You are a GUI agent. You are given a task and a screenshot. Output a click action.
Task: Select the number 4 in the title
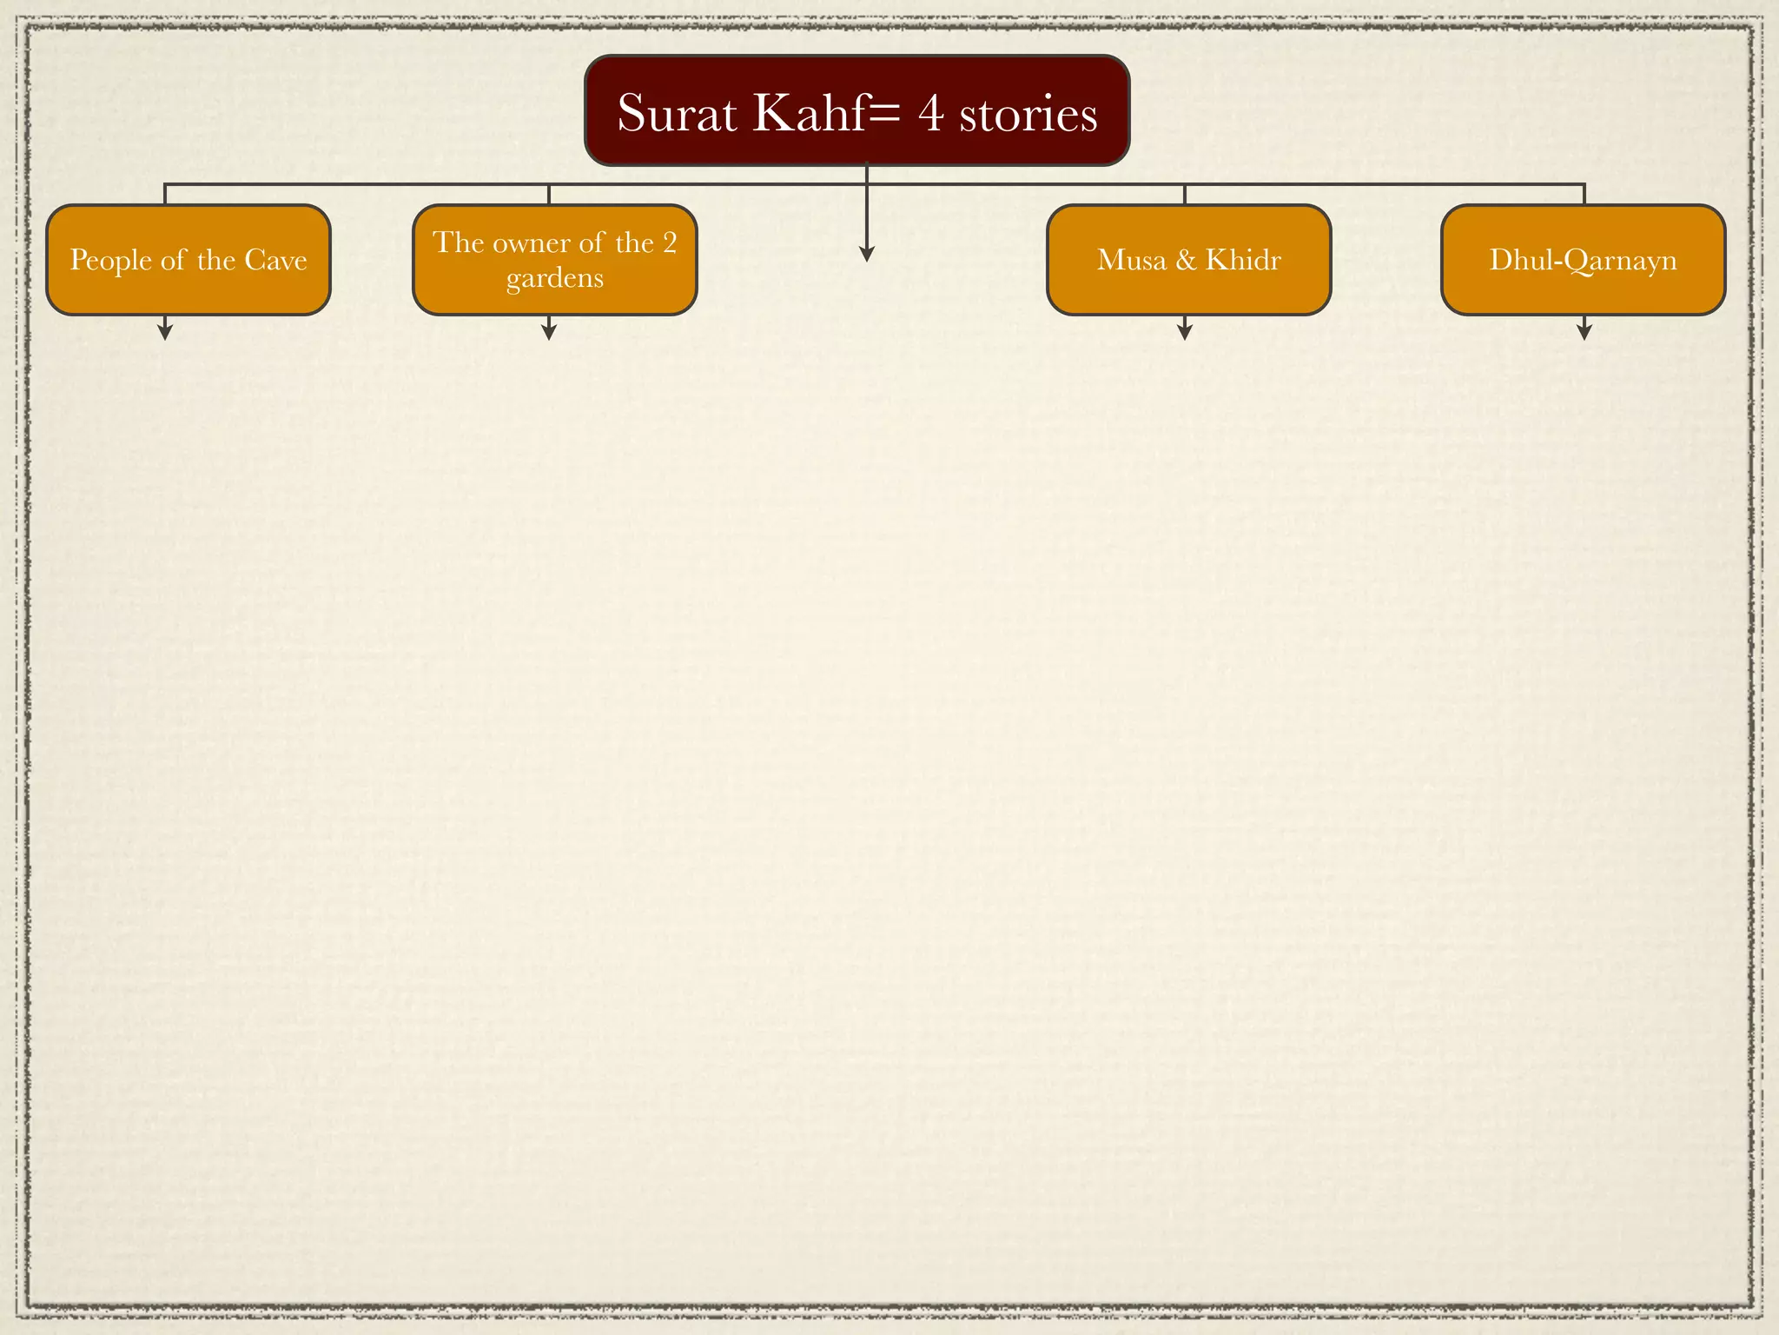931,114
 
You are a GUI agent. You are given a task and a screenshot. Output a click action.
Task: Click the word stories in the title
1028,115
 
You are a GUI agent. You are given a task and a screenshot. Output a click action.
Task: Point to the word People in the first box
110,260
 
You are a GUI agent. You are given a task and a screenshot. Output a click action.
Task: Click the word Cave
276,260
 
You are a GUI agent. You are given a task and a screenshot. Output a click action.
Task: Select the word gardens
555,278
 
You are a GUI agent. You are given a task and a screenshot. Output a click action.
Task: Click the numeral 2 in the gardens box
670,242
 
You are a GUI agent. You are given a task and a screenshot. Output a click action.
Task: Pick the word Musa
1131,260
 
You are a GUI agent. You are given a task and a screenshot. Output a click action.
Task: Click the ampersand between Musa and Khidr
1186,260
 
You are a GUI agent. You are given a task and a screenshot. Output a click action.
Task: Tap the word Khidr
1243,260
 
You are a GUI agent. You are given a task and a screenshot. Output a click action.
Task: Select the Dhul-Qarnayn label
1583,260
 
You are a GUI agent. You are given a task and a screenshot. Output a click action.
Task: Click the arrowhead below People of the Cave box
165,331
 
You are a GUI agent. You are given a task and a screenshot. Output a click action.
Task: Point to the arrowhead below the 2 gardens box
548,331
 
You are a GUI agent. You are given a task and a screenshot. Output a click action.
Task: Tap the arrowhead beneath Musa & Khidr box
1185,331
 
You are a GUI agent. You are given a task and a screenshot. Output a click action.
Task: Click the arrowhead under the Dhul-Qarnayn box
1584,331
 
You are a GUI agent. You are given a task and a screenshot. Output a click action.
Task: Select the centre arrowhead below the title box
866,253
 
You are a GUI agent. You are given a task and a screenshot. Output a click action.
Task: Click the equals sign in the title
884,114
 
